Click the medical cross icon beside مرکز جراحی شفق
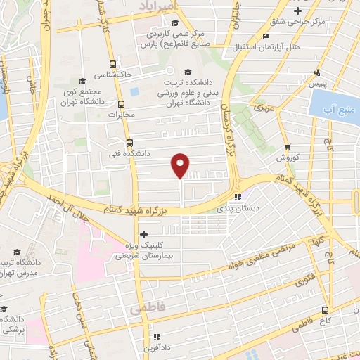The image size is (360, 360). pyautogui.click(x=299, y=11)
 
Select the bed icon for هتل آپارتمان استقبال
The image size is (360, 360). pyautogui.click(x=264, y=36)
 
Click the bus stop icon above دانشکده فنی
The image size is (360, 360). pyautogui.click(x=129, y=143)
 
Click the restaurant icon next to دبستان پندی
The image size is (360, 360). pyautogui.click(x=238, y=197)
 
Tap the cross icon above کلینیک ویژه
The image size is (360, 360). pyautogui.click(x=144, y=234)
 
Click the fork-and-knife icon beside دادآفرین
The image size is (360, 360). pyautogui.click(x=158, y=336)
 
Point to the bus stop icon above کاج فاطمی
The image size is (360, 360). pyautogui.click(x=325, y=309)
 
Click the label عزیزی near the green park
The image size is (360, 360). pyautogui.click(x=263, y=110)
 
